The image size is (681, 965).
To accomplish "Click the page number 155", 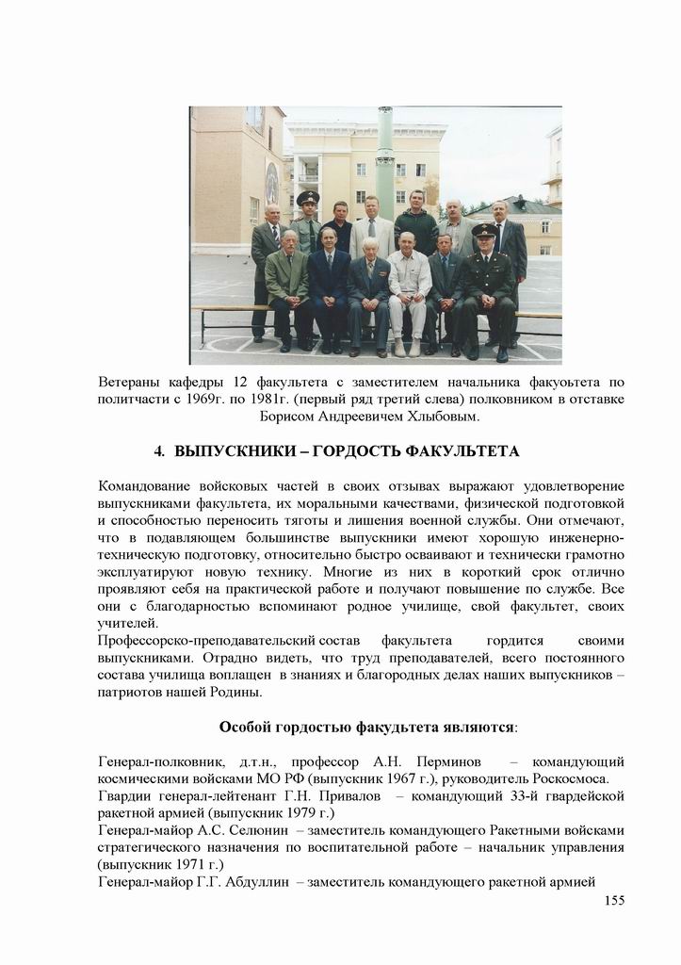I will pyautogui.click(x=614, y=900).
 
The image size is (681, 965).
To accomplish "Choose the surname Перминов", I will pyautogui.click(x=449, y=761).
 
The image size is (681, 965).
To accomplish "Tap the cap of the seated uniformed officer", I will pyautogui.click(x=484, y=230).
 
